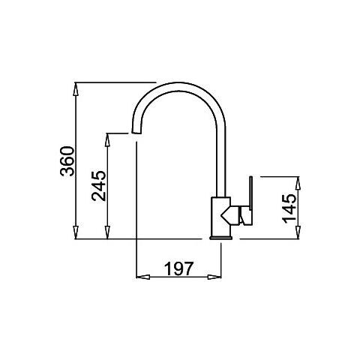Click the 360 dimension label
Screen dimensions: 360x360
pos(67,161)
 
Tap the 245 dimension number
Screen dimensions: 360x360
pos(99,186)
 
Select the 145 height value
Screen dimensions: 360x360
pos(289,208)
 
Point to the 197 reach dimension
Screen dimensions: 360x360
pos(178,268)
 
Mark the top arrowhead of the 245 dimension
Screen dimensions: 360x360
pos(107,140)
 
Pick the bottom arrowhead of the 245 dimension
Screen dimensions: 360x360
pos(107,232)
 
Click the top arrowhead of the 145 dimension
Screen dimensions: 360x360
pos(298,183)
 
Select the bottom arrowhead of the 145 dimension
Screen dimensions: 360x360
pos(298,232)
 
